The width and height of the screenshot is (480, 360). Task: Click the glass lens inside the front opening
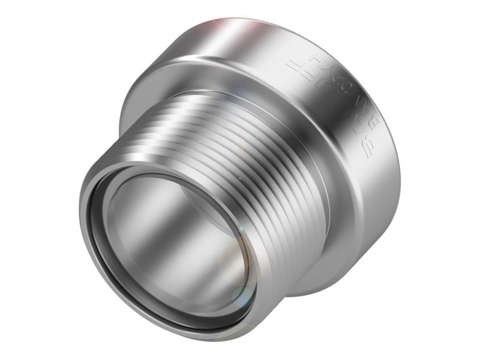coord(180,240)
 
